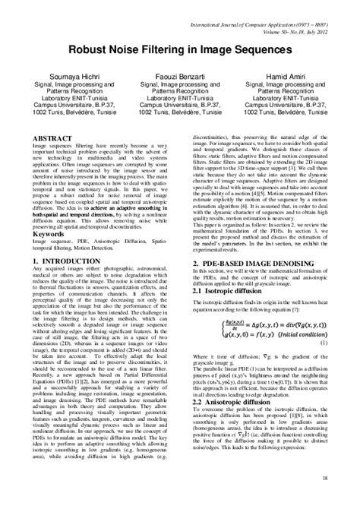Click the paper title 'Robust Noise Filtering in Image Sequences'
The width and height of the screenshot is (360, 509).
click(x=180, y=48)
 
